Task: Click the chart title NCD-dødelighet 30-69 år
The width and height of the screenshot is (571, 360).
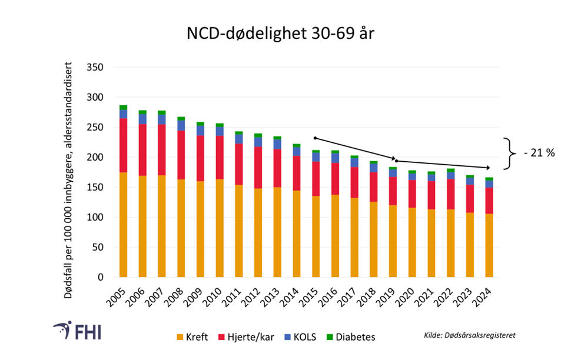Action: [280, 34]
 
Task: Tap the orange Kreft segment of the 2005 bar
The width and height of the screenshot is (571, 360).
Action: [123, 225]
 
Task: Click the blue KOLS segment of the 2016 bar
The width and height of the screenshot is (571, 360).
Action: [334, 158]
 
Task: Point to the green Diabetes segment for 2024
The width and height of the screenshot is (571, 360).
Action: [489, 179]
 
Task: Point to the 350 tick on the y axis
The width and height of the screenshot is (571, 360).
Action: [95, 68]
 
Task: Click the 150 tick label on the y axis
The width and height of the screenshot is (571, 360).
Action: [95, 188]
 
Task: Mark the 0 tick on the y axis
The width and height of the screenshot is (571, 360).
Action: [101, 278]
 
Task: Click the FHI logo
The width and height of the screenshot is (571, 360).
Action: [76, 331]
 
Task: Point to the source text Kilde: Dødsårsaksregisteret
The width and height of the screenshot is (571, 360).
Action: [470, 335]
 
